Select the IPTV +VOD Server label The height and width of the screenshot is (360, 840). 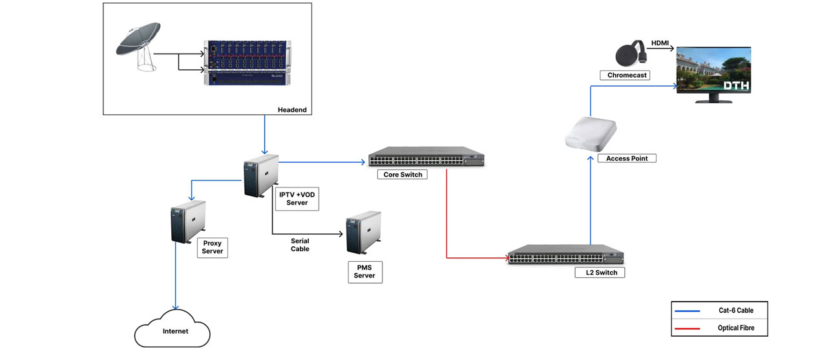(x=297, y=198)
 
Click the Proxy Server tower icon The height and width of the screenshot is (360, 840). (x=187, y=221)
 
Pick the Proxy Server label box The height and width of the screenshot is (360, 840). (x=212, y=248)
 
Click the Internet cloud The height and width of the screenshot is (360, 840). (x=173, y=330)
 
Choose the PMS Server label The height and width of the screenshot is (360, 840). (x=364, y=271)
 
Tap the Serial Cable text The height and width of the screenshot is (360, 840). (x=300, y=244)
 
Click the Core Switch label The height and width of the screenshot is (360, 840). (x=403, y=175)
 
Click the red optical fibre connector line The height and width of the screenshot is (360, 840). (x=446, y=220)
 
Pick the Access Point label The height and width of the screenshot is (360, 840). (x=626, y=158)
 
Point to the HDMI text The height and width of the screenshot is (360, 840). (x=660, y=43)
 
